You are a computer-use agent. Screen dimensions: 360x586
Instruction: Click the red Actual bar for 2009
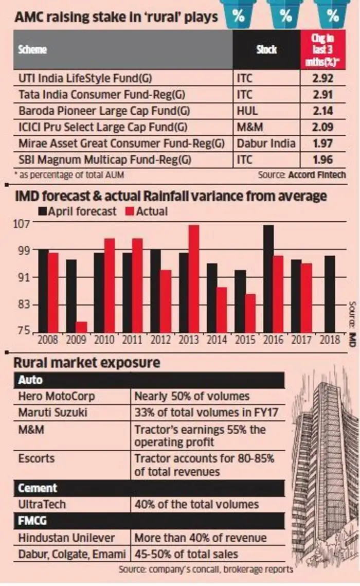pos(81,327)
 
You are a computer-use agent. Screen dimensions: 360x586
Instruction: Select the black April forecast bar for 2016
pos(268,279)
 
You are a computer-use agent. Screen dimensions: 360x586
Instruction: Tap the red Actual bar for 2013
pos(193,279)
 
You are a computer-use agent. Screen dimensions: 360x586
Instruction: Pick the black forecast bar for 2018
pos(329,294)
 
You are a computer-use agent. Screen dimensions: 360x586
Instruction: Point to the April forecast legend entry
pos(77,211)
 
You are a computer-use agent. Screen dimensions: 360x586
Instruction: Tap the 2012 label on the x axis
pos(160,340)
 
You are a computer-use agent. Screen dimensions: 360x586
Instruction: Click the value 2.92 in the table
pos(322,79)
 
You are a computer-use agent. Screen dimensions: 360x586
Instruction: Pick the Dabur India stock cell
pos(266,144)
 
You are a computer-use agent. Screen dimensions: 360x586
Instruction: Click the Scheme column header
pos(32,50)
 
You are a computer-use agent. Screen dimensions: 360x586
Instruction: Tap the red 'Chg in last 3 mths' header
pos(323,50)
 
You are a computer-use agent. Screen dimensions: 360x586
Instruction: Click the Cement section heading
pos(38,488)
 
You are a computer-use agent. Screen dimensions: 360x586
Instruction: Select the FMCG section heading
pos(32,521)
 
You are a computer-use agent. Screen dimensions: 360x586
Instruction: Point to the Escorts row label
pos(36,458)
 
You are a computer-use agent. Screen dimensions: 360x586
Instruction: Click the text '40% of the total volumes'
pos(196,505)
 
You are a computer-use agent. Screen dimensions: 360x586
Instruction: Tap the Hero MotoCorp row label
pos(57,396)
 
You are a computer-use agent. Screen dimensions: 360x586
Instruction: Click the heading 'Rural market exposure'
pos(87,363)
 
